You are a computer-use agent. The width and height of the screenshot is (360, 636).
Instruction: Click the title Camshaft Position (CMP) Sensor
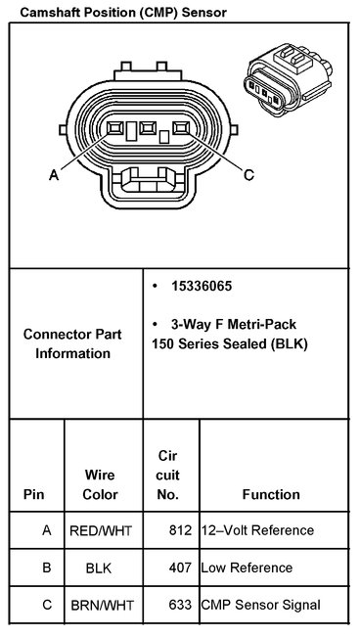116,13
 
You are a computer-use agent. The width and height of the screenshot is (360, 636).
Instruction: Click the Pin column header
33,494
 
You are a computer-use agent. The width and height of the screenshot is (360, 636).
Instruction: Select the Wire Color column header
101,484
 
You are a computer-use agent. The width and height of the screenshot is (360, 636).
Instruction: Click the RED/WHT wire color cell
101,530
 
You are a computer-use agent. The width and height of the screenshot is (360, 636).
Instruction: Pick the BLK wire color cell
99,568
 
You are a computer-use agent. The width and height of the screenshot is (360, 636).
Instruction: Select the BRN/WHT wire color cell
101,605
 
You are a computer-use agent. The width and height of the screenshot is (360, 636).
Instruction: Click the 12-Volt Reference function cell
256,530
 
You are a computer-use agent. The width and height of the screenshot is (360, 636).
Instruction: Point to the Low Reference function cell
246,568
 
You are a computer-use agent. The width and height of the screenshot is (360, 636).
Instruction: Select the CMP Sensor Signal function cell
259,605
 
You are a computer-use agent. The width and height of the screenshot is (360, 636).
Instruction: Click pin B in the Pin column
46,568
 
